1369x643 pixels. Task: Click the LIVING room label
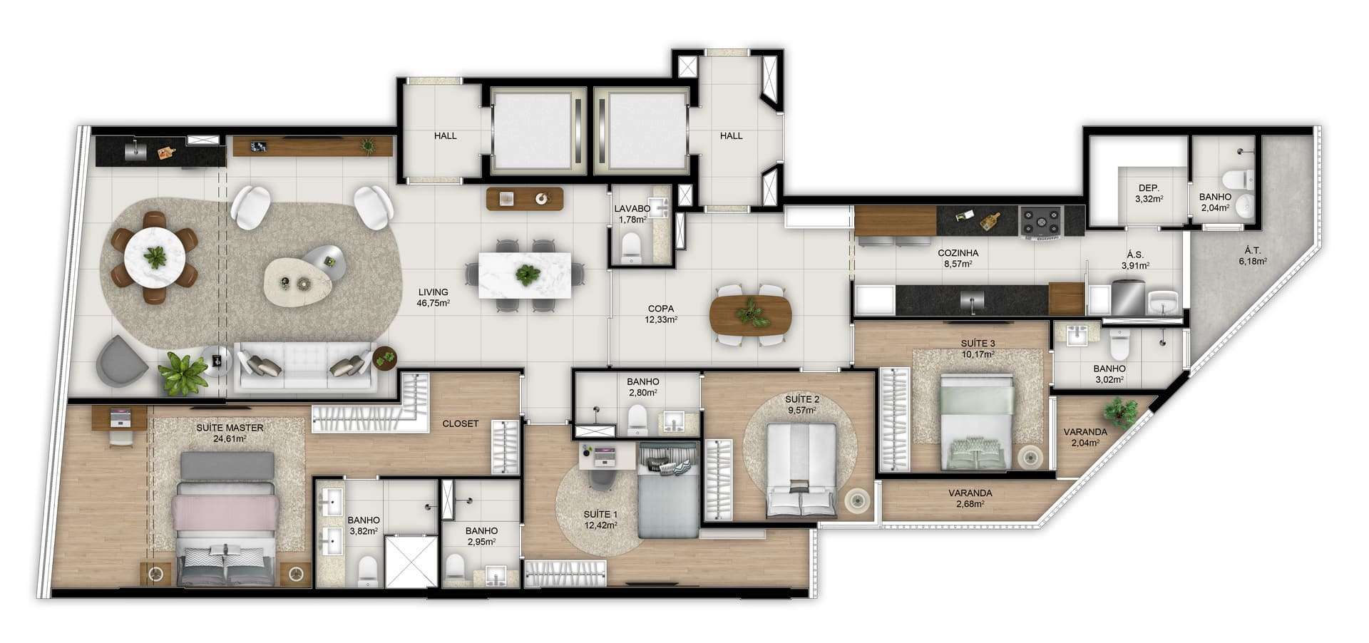pyautogui.click(x=433, y=292)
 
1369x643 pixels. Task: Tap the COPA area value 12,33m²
pyautogui.click(x=661, y=320)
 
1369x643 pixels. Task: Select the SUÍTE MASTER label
pyautogui.click(x=230, y=428)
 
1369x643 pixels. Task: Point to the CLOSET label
pyautogui.click(x=461, y=423)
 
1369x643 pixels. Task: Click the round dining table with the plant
pyautogui.click(x=155, y=256)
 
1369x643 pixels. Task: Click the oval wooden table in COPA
pyautogui.click(x=751, y=314)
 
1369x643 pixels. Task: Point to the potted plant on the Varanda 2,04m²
pyautogui.click(x=1117, y=411)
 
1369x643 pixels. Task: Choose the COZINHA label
pyautogui.click(x=958, y=253)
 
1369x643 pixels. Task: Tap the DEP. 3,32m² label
pyautogui.click(x=1149, y=193)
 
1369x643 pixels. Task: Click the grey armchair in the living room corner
pyautogui.click(x=122, y=360)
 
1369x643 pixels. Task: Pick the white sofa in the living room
pyautogui.click(x=305, y=366)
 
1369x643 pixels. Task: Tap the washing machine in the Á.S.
pyautogui.click(x=1127, y=297)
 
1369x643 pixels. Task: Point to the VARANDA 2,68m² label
pyautogui.click(x=970, y=498)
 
